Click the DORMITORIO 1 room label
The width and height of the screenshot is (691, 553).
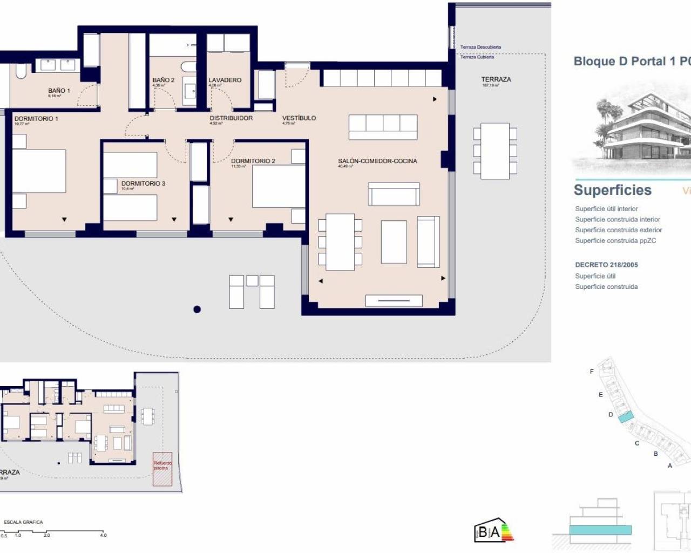pos(36,119)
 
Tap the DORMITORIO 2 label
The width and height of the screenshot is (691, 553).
pos(253,161)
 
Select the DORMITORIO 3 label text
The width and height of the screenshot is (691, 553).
pos(143,184)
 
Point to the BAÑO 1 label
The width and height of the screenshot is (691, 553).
pos(59,91)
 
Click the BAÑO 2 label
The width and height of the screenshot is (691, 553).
pos(164,80)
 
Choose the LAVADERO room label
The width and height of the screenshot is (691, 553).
pos(225,80)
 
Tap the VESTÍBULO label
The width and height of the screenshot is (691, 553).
pos(299,118)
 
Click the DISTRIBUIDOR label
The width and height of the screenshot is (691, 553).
pos(231,118)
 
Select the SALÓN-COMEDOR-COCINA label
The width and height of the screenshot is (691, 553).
pos(377,161)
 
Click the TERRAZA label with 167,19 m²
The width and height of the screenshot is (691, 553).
pos(496,79)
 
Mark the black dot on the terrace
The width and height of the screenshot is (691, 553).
pos(197,309)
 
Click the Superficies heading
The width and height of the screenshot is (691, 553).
pos(612,190)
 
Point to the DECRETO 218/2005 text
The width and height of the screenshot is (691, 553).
pos(606,265)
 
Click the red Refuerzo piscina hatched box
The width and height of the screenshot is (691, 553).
pos(162,469)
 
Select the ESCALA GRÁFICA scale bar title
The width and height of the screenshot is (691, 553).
pos(23,522)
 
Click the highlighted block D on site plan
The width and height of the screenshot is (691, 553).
pos(625,417)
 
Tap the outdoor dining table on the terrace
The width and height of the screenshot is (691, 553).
pos(495,151)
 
